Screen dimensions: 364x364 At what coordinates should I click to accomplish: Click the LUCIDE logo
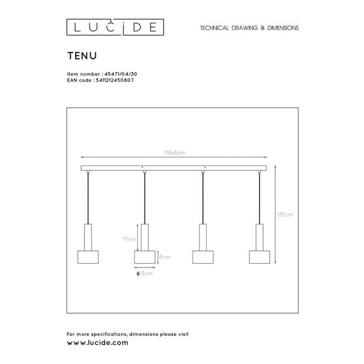click(115, 26)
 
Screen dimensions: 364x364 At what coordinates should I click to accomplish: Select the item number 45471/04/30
click(118, 73)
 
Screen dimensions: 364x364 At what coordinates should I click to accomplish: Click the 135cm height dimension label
click(283, 214)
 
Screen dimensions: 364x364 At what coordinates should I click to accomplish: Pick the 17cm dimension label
click(129, 239)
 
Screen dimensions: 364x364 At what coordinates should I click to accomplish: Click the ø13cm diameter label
click(145, 274)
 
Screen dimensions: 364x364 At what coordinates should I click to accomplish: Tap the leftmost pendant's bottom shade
click(88, 257)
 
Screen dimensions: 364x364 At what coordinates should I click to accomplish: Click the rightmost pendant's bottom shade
click(259, 257)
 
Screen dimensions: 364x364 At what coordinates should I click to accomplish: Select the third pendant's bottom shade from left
click(202, 257)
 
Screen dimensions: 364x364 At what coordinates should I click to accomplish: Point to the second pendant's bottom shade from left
click(146, 257)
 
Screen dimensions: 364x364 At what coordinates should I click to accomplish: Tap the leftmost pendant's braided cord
click(88, 199)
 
